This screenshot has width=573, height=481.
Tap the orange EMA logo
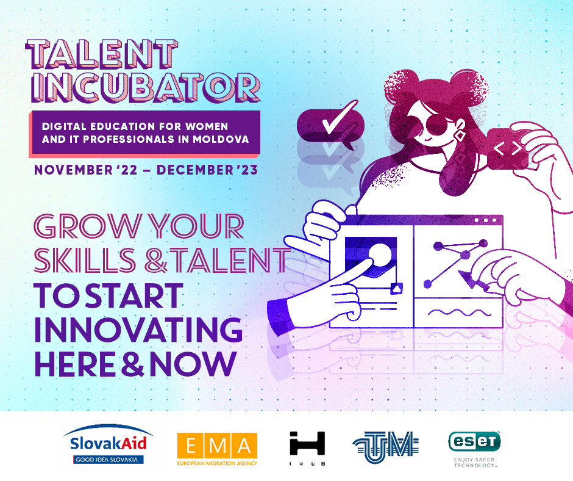click(218, 449)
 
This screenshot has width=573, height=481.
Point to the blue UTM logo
click(386, 447)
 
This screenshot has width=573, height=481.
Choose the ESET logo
click(474, 449)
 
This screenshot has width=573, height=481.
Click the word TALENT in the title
click(102, 54)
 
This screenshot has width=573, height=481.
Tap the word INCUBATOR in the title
click(146, 87)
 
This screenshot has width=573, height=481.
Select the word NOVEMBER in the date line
click(73, 170)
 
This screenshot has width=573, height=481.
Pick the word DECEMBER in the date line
click(195, 170)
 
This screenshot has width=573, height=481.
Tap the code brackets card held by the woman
click(508, 148)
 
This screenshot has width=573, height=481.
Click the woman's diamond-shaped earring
click(460, 136)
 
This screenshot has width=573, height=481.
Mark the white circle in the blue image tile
click(380, 255)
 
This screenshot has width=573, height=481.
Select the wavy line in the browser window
click(460, 313)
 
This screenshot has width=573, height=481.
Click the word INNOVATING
click(138, 330)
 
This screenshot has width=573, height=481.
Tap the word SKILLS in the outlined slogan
click(85, 260)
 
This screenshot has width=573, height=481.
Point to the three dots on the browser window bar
click(486, 220)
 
